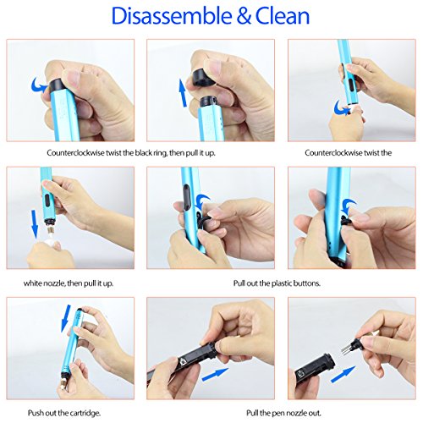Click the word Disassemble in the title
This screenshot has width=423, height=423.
172,16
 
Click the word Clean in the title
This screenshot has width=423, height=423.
283,16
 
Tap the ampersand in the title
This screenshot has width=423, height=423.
244,16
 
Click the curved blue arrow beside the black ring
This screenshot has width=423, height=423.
40,84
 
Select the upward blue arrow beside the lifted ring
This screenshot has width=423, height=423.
183,93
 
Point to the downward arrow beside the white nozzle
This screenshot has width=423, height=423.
35,223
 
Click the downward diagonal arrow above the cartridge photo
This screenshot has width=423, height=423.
67,317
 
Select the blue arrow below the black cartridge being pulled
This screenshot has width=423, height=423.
215,375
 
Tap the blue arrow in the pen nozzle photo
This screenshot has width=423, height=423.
343,374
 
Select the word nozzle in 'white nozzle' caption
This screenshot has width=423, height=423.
54,283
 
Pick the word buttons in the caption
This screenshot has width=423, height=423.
307,283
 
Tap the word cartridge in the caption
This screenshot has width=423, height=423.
85,414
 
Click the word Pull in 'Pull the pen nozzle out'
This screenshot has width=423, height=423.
253,413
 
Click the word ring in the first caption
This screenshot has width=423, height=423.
160,153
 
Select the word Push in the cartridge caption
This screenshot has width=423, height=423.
36,413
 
